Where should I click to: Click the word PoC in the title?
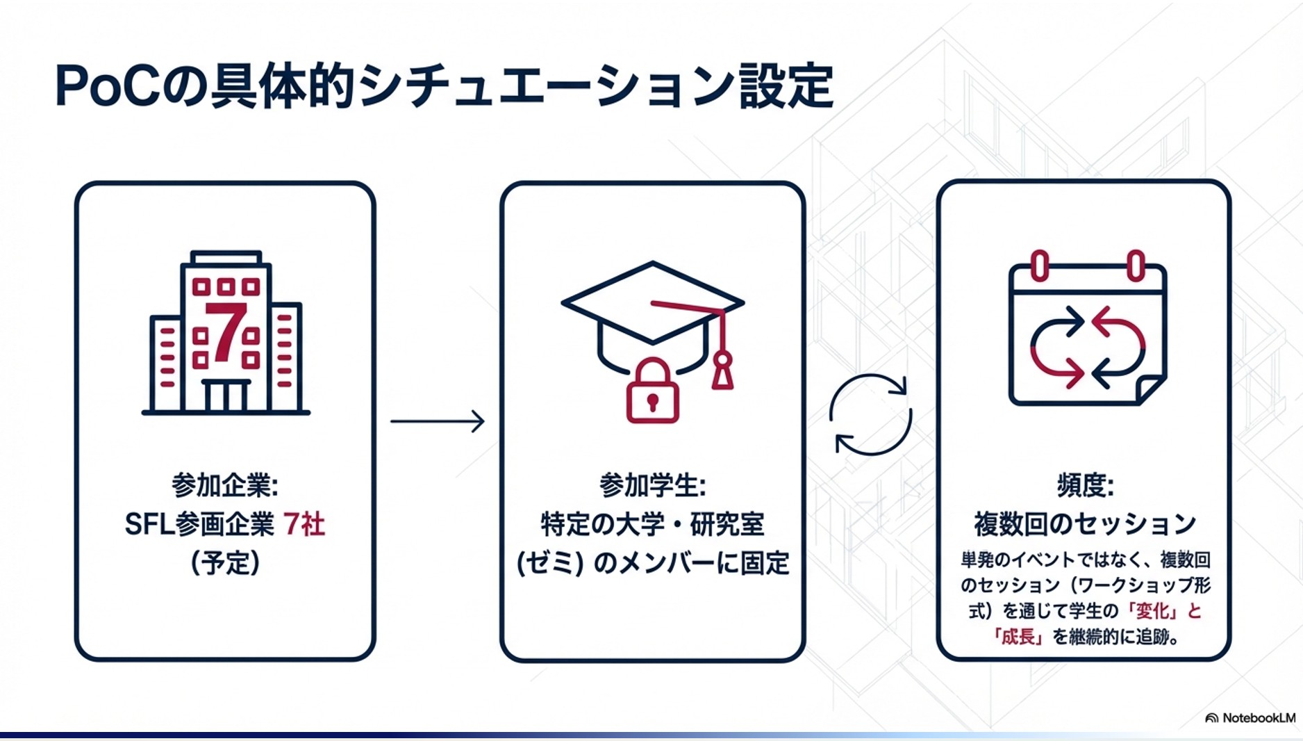(108, 87)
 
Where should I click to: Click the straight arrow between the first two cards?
(437, 421)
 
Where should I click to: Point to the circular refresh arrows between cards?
(870, 414)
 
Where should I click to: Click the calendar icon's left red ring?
(1039, 266)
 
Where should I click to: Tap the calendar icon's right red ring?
(1135, 266)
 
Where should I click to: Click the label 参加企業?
(225, 485)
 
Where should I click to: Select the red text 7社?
(304, 524)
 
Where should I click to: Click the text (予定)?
(225, 562)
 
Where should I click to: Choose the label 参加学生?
(652, 485)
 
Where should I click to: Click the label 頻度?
(1085, 485)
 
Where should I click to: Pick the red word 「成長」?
(1018, 637)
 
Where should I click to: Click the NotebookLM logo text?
(1258, 718)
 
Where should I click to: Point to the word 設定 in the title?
(786, 87)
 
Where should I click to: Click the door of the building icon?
(226, 396)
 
